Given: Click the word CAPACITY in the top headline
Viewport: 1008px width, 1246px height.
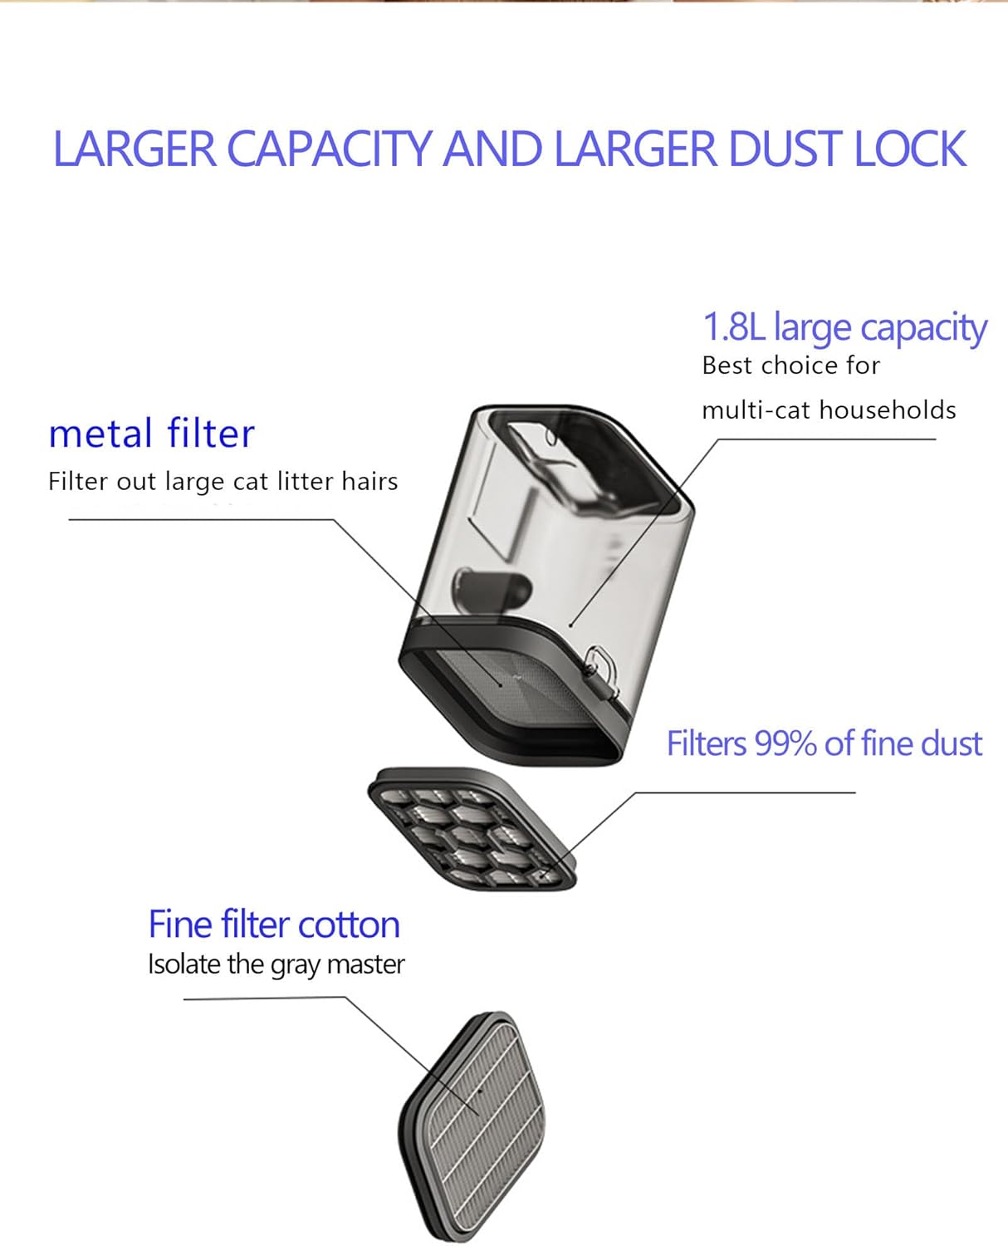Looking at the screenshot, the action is [329, 149].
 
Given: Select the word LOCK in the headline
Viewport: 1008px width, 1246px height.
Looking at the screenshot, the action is [910, 149].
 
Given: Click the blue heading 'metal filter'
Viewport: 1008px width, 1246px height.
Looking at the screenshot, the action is [151, 434].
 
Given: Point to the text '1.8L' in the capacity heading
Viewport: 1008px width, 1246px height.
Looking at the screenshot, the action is [734, 326].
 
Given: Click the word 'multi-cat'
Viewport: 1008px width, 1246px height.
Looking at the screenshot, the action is [755, 410].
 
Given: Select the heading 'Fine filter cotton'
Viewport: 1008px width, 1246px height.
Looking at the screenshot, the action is [274, 925].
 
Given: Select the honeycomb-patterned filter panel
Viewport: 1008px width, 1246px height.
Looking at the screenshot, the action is [472, 829].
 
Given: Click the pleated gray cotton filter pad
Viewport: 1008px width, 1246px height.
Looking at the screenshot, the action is [472, 1127].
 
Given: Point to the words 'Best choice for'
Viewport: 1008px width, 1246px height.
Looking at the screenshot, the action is [790, 365].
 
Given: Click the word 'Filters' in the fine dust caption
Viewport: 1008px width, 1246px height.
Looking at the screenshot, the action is [707, 743].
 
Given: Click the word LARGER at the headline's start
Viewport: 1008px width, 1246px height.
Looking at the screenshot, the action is [135, 149].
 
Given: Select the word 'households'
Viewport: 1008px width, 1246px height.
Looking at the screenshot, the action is [888, 410].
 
